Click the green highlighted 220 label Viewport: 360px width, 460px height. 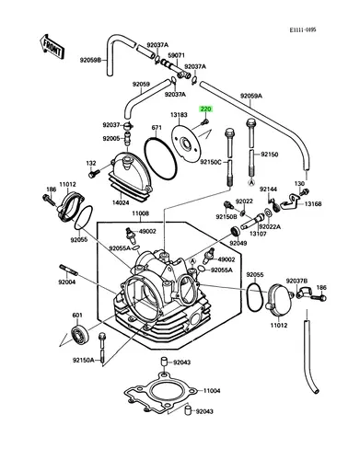point(205,109)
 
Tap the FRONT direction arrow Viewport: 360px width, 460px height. point(52,47)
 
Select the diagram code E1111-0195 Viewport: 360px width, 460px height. point(303,29)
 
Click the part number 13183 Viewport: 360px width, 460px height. point(179,115)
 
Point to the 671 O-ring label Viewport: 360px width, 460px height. point(157,127)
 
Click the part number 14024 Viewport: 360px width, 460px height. point(121,202)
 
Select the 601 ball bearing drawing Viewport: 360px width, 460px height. point(80,334)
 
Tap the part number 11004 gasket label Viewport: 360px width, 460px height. point(212,391)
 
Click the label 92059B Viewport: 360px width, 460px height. point(90,61)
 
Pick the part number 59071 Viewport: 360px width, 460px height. point(177,55)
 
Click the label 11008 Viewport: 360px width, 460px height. point(141,213)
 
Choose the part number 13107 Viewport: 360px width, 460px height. point(258,234)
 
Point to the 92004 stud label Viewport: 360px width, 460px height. point(67,282)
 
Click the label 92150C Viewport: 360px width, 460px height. point(211,162)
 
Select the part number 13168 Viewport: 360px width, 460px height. point(313,203)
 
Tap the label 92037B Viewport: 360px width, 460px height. point(296,281)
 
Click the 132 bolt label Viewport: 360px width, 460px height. point(91,164)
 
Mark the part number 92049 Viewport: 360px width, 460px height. point(238,243)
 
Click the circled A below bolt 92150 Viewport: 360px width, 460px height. point(251,183)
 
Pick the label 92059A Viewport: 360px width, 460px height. point(251,96)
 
